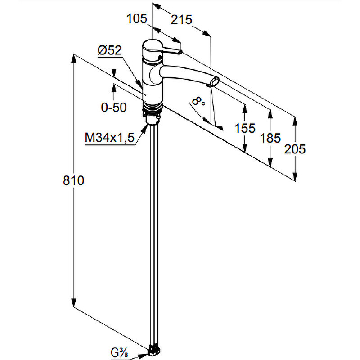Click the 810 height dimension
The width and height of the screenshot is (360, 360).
click(73, 180)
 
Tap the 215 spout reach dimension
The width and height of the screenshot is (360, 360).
click(181, 19)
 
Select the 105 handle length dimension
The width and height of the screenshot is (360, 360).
click(137, 18)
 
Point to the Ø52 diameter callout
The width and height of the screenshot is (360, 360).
click(109, 50)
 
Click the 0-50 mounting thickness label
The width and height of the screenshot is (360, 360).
click(114, 107)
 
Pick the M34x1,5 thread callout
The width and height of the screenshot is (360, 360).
click(109, 138)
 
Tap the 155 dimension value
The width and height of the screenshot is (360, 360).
click(245, 128)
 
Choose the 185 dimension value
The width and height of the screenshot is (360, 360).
click(270, 138)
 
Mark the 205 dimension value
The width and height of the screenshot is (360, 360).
click(295, 149)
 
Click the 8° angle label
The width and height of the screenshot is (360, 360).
click(198, 101)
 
